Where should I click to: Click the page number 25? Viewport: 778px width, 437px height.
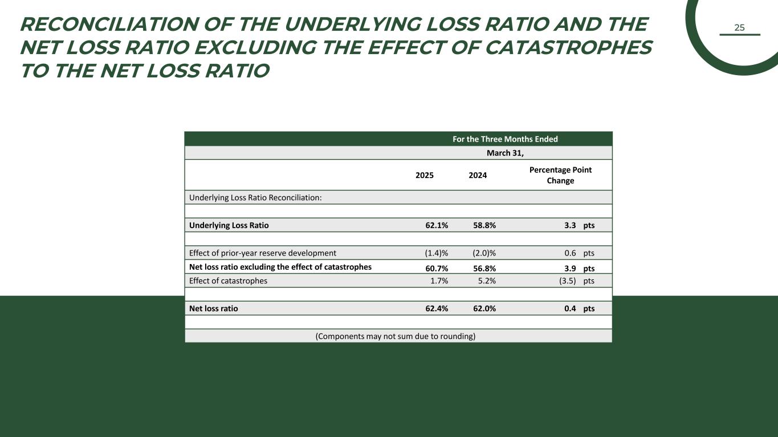coord(739,27)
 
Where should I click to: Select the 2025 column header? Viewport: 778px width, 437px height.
coord(425,175)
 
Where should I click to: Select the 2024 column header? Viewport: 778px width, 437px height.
coord(478,175)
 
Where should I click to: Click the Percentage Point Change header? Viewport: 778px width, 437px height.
coord(560,175)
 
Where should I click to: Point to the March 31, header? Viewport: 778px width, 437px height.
coord(505,153)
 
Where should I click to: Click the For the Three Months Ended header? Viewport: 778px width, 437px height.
coord(505,139)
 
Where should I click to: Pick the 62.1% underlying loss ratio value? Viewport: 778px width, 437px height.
coord(437,225)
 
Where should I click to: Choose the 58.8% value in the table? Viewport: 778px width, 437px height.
coord(484,225)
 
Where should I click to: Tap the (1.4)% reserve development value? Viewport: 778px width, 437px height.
coord(437,253)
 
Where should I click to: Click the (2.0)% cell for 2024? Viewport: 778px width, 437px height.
coord(484,253)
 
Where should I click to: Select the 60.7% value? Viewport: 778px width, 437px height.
coord(437,268)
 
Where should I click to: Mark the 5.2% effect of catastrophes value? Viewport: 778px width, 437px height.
coord(486,281)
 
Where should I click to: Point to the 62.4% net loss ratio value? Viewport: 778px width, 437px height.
coord(437,308)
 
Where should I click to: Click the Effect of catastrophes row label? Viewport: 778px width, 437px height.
coord(228,281)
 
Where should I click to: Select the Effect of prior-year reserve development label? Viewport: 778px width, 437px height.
coord(263,253)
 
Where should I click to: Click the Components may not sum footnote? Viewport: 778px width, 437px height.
coord(396,336)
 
